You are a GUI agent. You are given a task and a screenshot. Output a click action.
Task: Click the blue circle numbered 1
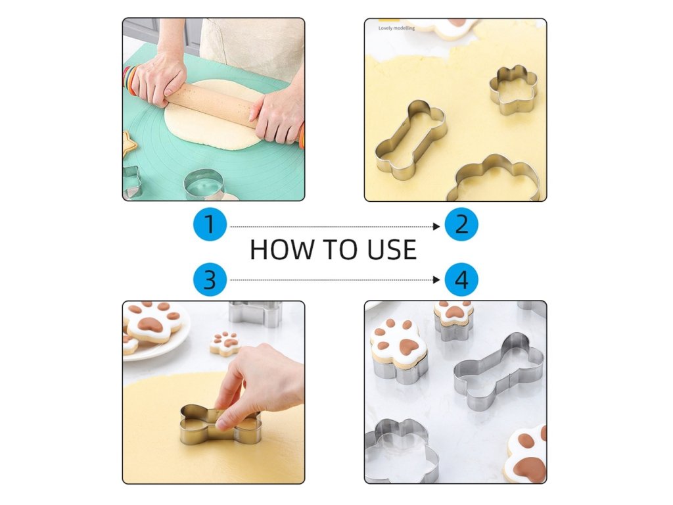pyautogui.click(x=210, y=225)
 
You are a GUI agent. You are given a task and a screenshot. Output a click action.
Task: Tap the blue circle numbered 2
pyautogui.click(x=461, y=225)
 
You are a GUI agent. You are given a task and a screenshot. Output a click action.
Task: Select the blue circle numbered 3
pyautogui.click(x=210, y=279)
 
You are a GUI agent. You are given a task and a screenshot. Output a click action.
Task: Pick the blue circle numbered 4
pyautogui.click(x=461, y=279)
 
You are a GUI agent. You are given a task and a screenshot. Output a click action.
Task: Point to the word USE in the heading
pyautogui.click(x=392, y=249)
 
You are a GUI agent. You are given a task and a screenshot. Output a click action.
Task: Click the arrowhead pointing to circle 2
pyautogui.click(x=437, y=226)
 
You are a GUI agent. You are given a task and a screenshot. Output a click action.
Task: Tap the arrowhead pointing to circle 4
pyautogui.click(x=437, y=280)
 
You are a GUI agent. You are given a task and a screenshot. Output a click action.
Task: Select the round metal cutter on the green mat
pyautogui.click(x=205, y=185)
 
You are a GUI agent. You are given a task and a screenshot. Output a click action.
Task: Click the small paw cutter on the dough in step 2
pyautogui.click(x=513, y=89)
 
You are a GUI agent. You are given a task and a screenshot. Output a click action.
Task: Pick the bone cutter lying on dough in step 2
pyautogui.click(x=410, y=139)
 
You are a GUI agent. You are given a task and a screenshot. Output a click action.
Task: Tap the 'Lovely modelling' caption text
pyautogui.click(x=396, y=28)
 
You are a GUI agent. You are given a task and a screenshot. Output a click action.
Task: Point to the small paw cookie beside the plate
pyautogui.click(x=225, y=343)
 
